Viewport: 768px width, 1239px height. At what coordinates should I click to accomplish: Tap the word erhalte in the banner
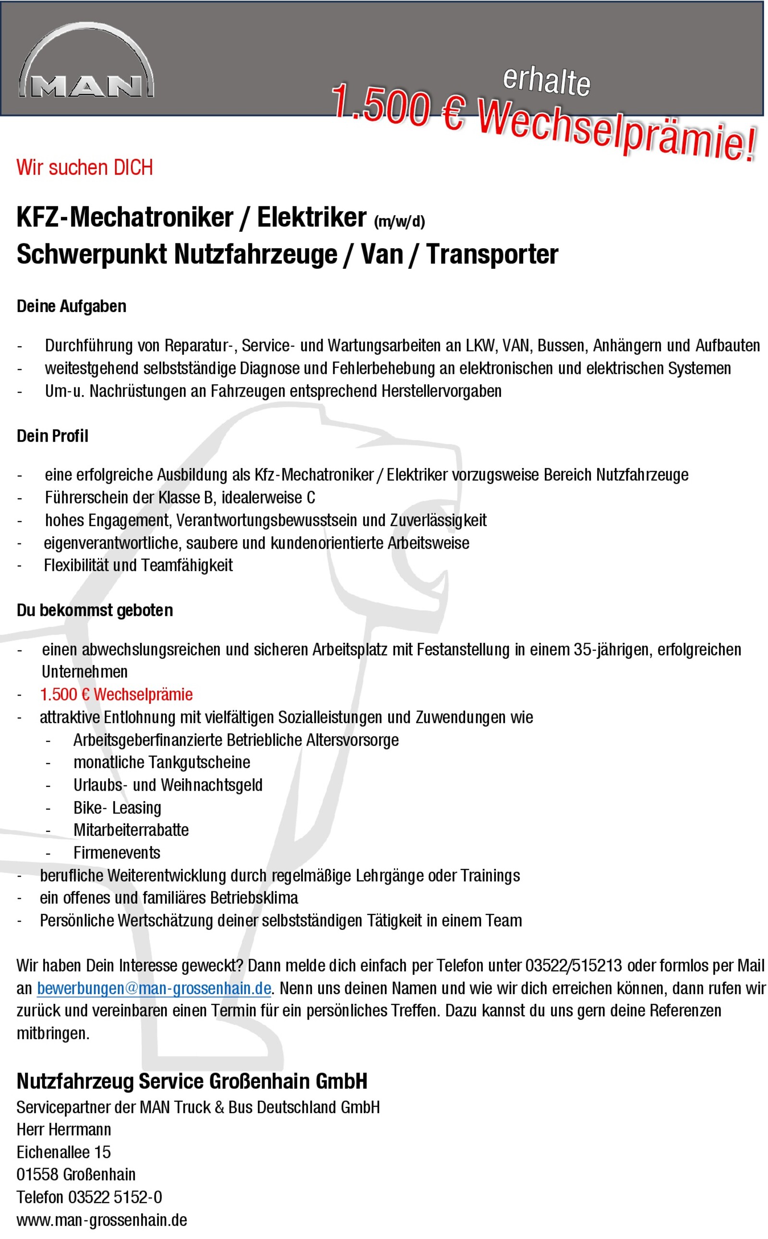click(547, 80)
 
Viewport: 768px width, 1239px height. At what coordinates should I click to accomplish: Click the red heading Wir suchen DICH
click(84, 168)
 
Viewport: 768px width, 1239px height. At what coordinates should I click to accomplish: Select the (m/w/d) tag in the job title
click(399, 221)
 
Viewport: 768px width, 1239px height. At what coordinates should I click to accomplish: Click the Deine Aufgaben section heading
click(72, 306)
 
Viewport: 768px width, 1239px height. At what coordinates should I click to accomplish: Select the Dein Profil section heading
click(52, 436)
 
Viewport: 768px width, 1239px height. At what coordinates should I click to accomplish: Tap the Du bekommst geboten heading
click(95, 610)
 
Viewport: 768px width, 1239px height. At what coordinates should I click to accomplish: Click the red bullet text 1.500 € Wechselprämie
click(116, 695)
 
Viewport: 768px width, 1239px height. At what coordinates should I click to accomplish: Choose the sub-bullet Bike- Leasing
click(117, 808)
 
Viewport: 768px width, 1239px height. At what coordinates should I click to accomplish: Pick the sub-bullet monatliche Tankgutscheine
click(162, 762)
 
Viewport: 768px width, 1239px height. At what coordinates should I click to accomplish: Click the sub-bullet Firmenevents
click(117, 853)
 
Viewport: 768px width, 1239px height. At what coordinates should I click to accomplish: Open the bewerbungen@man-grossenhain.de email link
click(154, 988)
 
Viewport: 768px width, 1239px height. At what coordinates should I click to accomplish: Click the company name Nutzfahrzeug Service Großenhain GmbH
click(192, 1081)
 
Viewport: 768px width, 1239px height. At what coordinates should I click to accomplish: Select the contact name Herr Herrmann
click(63, 1129)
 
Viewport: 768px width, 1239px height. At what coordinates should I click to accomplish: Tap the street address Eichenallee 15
click(63, 1152)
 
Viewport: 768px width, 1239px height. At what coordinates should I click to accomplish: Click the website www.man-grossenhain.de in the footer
click(102, 1220)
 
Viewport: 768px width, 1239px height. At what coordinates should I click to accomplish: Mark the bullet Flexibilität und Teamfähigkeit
click(138, 565)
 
